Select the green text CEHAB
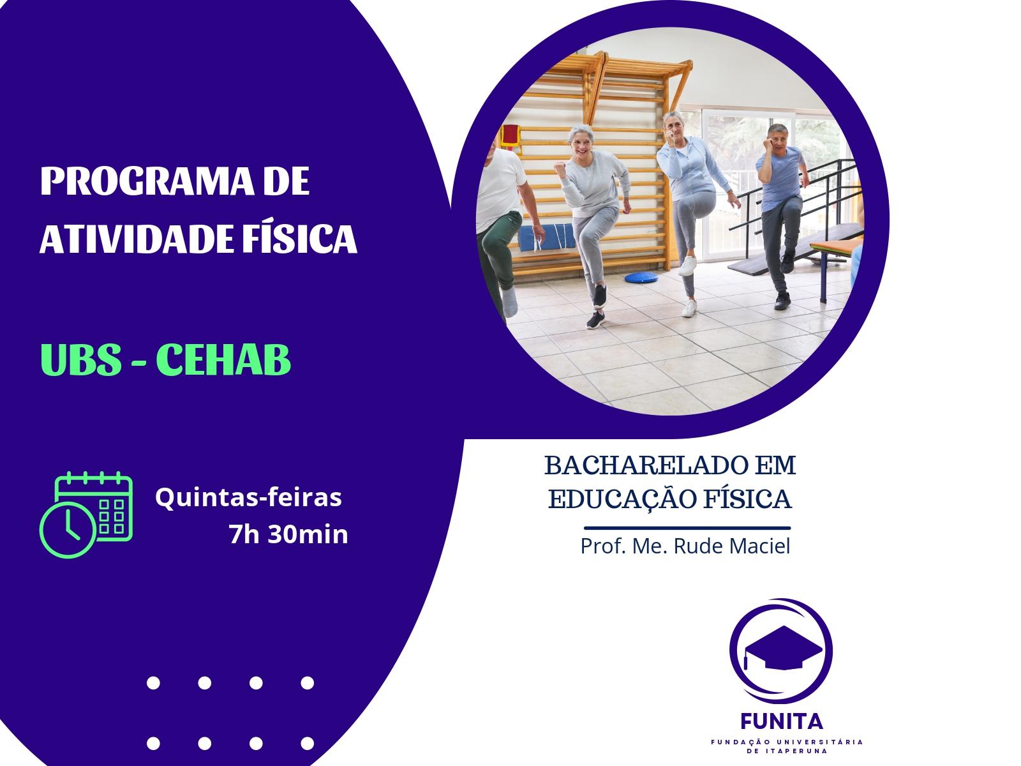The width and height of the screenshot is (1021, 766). tap(223, 359)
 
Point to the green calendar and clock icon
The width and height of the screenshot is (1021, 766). tap(86, 514)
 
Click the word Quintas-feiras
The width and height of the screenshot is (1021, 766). tap(248, 497)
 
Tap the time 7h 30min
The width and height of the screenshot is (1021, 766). tap(288, 534)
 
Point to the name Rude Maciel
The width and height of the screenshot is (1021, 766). tap(732, 546)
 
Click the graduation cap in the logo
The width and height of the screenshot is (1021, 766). tap(783, 648)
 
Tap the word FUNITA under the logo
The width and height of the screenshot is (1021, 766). tap(782, 722)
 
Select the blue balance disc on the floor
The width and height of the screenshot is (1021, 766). tap(641, 277)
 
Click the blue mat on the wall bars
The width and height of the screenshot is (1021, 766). tap(546, 237)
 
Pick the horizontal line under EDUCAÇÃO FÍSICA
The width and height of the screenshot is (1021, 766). tap(687, 529)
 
